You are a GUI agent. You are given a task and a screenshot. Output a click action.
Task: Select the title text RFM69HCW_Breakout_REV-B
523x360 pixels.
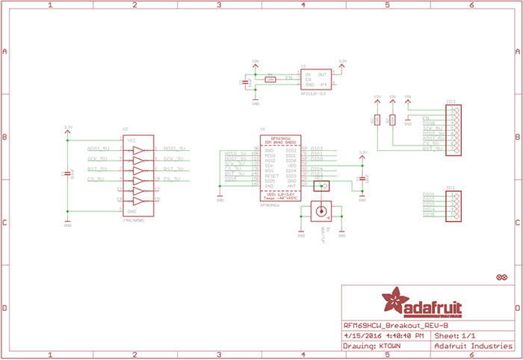coord(396,326)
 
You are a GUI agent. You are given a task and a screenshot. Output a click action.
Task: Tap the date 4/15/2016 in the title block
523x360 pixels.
coord(362,336)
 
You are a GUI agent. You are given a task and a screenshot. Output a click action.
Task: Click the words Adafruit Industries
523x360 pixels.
coord(467,347)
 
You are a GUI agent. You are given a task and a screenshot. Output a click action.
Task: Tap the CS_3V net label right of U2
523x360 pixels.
coord(173,180)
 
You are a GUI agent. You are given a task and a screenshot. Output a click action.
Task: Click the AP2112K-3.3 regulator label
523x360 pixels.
coord(312,93)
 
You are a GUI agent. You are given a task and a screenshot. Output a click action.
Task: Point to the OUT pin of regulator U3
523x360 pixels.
coord(322,75)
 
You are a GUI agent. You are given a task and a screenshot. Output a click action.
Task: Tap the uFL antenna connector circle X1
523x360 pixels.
coord(322,211)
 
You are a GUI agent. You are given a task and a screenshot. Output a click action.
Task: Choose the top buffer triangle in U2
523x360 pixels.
coord(137,150)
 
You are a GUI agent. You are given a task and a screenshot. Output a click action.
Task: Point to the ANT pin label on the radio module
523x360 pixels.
coord(291,186)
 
